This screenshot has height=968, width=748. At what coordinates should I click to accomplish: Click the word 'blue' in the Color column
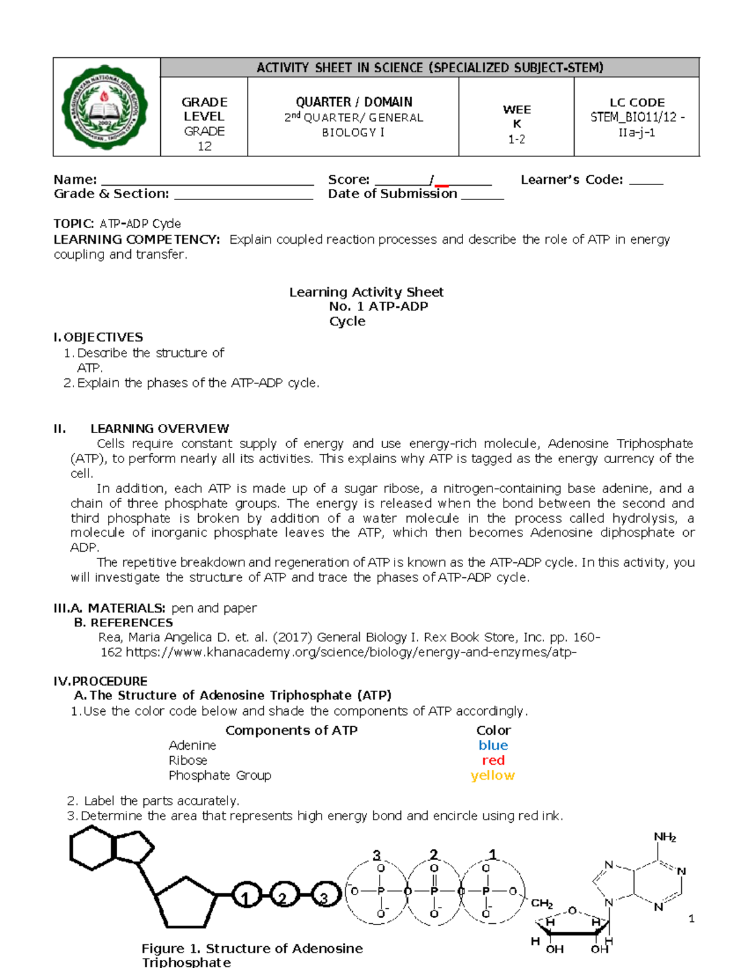pyautogui.click(x=493, y=745)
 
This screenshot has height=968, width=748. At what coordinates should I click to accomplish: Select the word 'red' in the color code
pyautogui.click(x=493, y=760)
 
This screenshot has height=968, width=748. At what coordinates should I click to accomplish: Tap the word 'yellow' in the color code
pyautogui.click(x=492, y=775)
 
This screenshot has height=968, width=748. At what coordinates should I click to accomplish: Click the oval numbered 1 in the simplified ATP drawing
pyautogui.click(x=247, y=898)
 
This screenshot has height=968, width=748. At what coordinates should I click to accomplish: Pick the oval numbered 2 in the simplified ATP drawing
pyautogui.click(x=284, y=898)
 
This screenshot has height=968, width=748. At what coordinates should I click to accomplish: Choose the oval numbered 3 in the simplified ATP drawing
pyautogui.click(x=325, y=898)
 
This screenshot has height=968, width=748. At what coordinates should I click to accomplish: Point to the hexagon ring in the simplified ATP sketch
pyautogui.click(x=92, y=847)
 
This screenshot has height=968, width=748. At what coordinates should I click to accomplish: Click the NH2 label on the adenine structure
pyautogui.click(x=664, y=837)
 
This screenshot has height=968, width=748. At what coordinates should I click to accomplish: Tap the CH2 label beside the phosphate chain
pyautogui.click(x=542, y=903)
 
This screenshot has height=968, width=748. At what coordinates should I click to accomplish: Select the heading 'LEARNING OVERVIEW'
pyautogui.click(x=160, y=429)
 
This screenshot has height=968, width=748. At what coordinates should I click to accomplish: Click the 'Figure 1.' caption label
pyautogui.click(x=171, y=949)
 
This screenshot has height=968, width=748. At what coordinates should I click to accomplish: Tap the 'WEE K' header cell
pyautogui.click(x=517, y=116)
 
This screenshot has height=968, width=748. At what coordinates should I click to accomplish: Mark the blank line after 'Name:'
pyautogui.click(x=208, y=182)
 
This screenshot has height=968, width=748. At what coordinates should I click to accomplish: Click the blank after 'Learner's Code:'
pyautogui.click(x=646, y=182)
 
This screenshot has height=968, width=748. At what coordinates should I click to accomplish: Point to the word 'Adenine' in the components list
pyautogui.click(x=192, y=745)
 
